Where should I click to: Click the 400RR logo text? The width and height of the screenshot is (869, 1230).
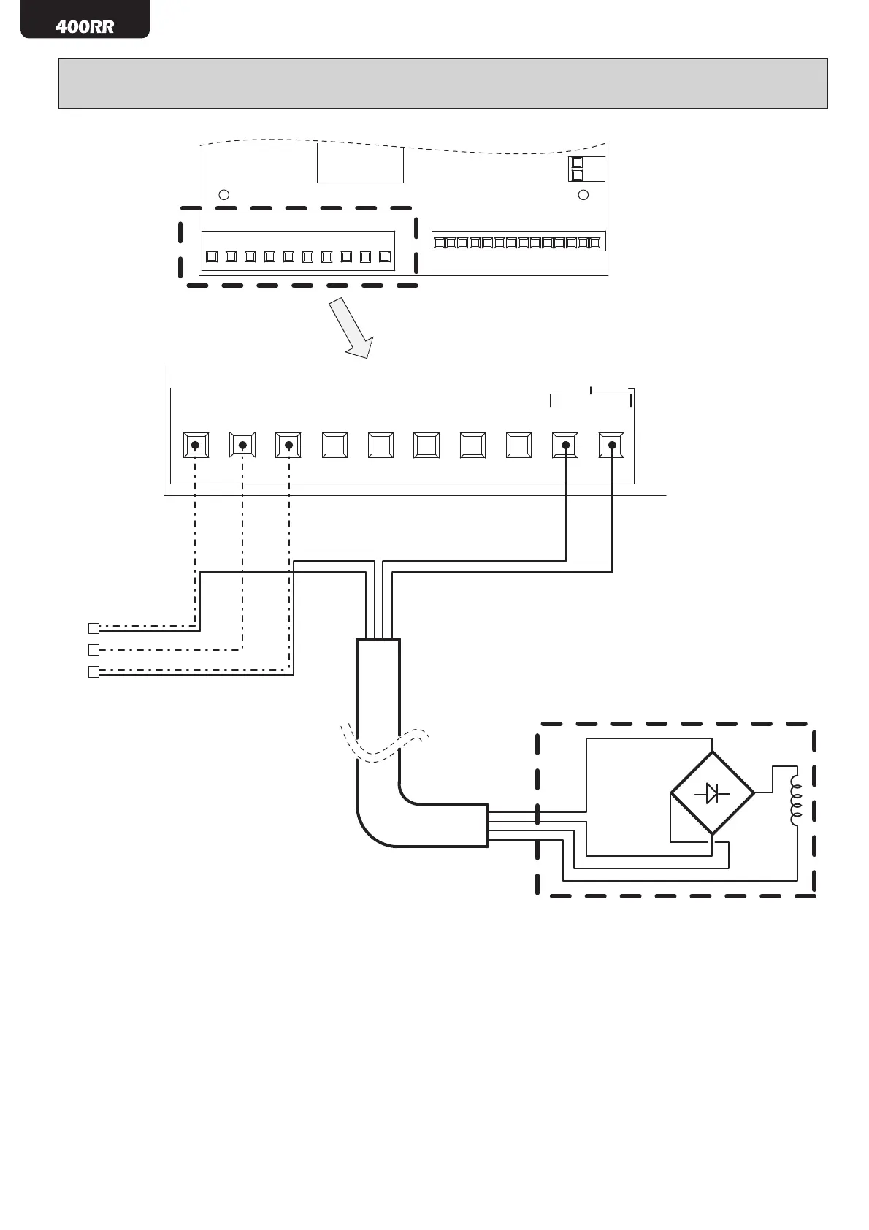tap(85, 27)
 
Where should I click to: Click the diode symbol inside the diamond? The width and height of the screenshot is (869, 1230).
tap(712, 792)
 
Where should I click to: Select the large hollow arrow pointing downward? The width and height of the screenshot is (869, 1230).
tap(351, 328)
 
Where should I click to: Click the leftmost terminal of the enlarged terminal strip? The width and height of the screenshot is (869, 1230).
tap(196, 445)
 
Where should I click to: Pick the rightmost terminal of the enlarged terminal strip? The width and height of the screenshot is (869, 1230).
tap(611, 445)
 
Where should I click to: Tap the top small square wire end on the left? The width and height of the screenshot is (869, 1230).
tap(93, 628)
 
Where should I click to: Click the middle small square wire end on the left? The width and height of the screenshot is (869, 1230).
tap(93, 650)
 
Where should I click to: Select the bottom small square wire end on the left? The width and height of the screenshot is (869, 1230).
tap(93, 673)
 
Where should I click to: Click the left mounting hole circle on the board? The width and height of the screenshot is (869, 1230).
tap(225, 195)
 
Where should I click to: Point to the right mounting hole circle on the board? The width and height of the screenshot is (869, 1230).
tap(583, 195)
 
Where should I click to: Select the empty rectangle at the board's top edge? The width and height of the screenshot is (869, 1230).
tap(360, 164)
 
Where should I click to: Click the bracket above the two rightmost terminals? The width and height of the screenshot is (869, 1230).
tap(591, 395)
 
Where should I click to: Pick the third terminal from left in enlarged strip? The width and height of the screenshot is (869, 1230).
tap(288, 445)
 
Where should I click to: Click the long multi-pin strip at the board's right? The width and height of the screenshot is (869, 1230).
tap(518, 242)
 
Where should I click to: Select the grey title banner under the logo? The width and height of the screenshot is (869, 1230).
tap(443, 83)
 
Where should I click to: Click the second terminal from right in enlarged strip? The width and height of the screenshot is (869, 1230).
tap(565, 445)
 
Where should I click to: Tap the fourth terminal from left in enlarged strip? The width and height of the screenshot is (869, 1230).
tap(334, 445)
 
